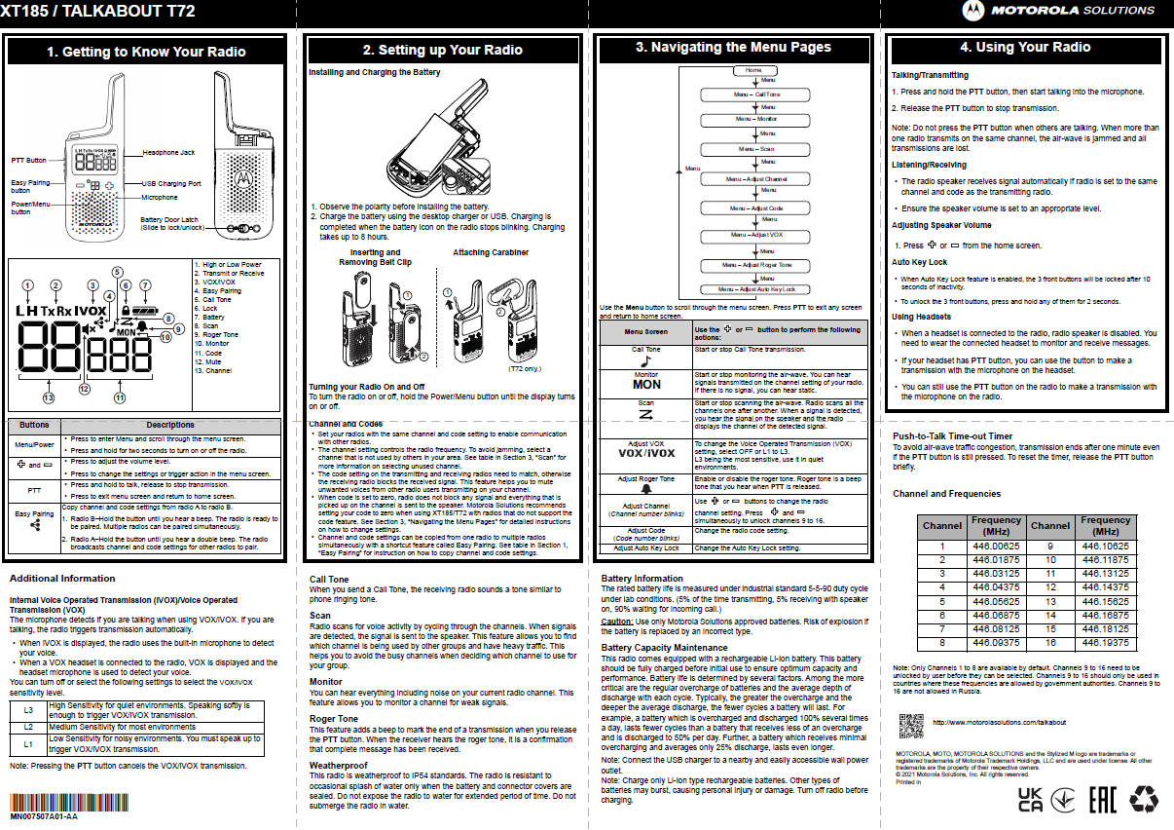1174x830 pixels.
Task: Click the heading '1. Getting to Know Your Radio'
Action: pos(146,52)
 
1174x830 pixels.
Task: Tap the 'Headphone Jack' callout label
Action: pos(168,153)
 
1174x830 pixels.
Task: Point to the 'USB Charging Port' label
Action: pos(171,183)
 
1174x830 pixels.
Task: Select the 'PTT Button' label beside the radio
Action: pos(29,160)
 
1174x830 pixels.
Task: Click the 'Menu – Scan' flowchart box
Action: pos(756,149)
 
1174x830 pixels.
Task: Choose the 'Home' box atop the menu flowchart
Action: pos(753,71)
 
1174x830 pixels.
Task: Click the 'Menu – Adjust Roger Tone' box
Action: pos(756,265)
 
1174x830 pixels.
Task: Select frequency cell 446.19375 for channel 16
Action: pos(1106,643)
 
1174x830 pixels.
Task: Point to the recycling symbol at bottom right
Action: pos(1143,800)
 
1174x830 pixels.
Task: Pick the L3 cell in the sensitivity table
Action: pos(28,710)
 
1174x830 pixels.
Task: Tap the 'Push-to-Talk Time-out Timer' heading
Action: pos(952,436)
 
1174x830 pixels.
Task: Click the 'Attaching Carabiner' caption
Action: pos(491,252)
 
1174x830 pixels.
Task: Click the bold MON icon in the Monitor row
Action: pos(646,384)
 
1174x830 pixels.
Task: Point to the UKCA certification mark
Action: pos(1030,800)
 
